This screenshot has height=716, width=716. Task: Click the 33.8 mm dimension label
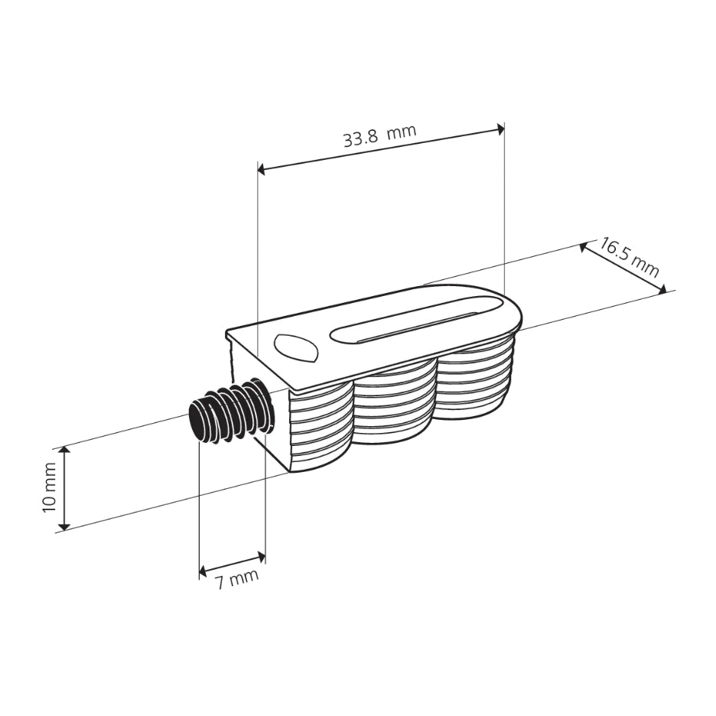pos(379,136)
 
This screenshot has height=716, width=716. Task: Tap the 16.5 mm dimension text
pos(628,257)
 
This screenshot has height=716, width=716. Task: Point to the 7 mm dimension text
pos(236,579)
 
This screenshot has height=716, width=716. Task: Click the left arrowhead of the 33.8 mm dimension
pos(262,168)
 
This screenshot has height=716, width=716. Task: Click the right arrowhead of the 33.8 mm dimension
pos(500,129)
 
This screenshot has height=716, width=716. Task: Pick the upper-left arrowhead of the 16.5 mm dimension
pos(584,247)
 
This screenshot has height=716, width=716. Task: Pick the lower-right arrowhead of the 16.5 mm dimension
pos(662,288)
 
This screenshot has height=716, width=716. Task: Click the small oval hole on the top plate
pos(295,348)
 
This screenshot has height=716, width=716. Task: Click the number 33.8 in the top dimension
pos(359,139)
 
